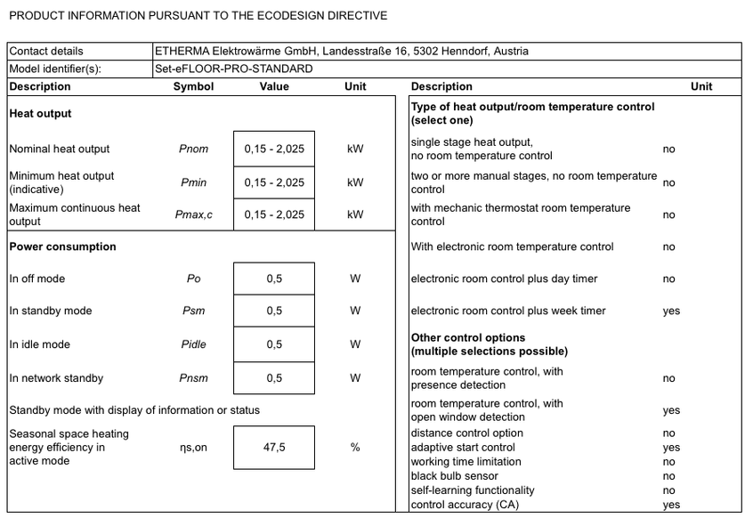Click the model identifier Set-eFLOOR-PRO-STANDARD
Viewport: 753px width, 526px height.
coord(233,69)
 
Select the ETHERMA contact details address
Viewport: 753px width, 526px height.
coord(341,52)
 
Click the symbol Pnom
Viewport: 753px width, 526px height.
coord(193,150)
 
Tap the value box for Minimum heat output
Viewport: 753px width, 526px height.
coord(274,182)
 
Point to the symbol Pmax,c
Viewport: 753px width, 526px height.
coord(193,214)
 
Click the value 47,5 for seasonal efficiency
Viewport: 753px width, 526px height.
coord(274,448)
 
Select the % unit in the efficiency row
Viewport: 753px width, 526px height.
coord(355,448)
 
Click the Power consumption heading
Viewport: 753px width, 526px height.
coord(62,247)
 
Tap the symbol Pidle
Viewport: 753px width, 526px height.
coord(193,344)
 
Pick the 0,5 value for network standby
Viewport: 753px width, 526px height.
coord(274,378)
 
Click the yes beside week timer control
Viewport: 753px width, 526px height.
coord(671,312)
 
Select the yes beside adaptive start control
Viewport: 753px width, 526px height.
coord(671,448)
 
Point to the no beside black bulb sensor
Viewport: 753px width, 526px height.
coord(669,476)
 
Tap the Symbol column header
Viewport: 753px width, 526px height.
coord(193,87)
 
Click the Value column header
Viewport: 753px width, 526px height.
coord(274,87)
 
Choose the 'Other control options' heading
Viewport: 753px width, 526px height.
coord(468,338)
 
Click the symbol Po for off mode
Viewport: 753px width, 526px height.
coord(193,279)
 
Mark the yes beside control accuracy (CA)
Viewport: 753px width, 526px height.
coord(671,506)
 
